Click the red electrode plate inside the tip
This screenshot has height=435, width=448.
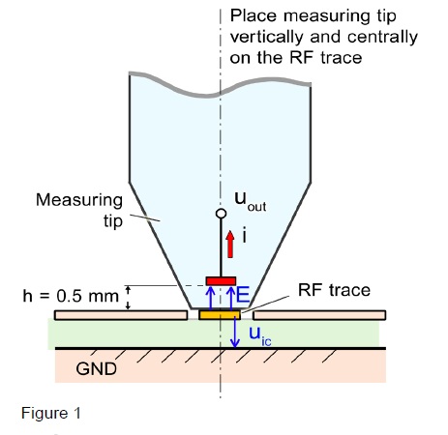(221, 281)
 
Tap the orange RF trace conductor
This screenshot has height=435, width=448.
(220, 314)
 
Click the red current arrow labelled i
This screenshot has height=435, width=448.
(230, 244)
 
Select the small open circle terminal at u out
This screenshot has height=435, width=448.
(221, 214)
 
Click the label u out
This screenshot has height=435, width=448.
(251, 202)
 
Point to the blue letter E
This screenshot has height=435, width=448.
(243, 295)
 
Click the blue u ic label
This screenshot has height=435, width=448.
(260, 336)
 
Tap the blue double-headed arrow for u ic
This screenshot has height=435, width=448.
(235, 333)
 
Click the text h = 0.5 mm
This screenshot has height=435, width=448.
(71, 296)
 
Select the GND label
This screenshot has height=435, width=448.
(96, 368)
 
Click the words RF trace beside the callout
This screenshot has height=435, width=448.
(334, 290)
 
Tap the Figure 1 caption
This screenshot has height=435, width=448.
(51, 413)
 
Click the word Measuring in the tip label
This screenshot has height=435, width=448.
(79, 201)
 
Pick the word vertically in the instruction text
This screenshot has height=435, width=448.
(267, 37)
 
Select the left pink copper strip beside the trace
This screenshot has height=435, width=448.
(121, 315)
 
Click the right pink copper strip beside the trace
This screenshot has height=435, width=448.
(319, 315)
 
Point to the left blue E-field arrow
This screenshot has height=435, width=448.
(211, 298)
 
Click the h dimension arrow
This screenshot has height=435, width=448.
(128, 298)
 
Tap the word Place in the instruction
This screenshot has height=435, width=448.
(254, 15)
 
